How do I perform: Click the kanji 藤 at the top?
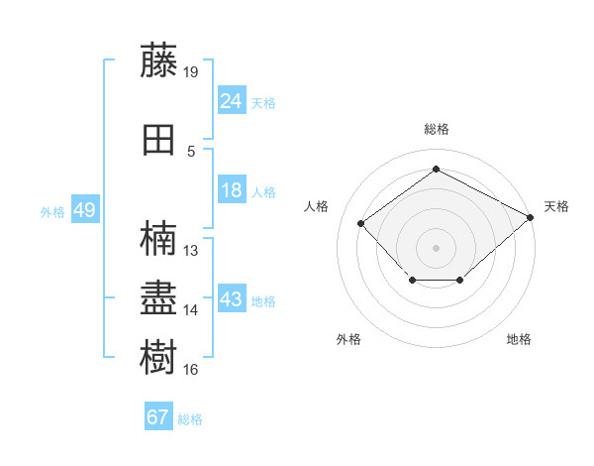pyautogui.click(x=158, y=59)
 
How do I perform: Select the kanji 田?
pyautogui.click(x=158, y=140)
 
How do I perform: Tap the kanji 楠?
pyautogui.click(x=158, y=238)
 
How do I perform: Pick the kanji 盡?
pyautogui.click(x=158, y=297)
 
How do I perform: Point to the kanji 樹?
pyautogui.click(x=158, y=356)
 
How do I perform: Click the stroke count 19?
pyautogui.click(x=190, y=72)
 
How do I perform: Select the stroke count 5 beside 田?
pyautogui.click(x=191, y=152)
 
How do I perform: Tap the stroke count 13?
pyautogui.click(x=190, y=251)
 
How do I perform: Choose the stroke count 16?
pyautogui.click(x=190, y=369)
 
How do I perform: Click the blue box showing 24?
pyautogui.click(x=232, y=100)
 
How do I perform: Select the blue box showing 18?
pyautogui.click(x=232, y=189)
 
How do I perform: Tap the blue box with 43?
pyautogui.click(x=232, y=297)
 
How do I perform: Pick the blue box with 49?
pyautogui.click(x=85, y=209)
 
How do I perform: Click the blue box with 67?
pyautogui.click(x=158, y=415)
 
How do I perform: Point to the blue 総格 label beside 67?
pyautogui.click(x=190, y=419)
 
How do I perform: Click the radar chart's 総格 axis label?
pyautogui.click(x=437, y=129)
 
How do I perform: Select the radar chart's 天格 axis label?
pyautogui.click(x=556, y=206)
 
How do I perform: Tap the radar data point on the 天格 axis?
pyautogui.click(x=531, y=217)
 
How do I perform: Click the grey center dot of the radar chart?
pyautogui.click(x=436, y=248)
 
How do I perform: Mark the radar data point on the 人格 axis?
pyautogui.click(x=361, y=223)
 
